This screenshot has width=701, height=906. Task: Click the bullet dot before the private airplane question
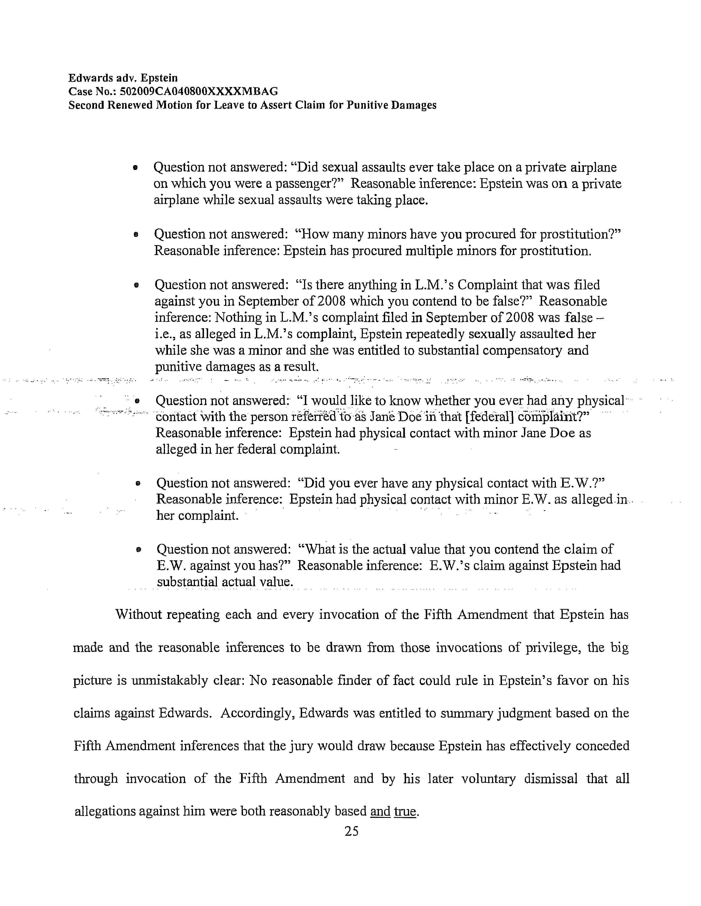click(x=134, y=168)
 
